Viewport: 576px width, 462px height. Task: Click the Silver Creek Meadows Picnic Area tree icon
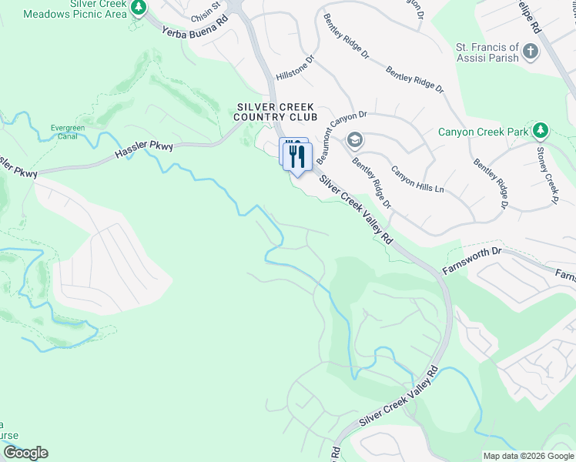139,8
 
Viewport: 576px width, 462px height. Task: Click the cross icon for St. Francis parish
530,52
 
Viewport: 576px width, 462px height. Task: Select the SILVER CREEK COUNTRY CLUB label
276,112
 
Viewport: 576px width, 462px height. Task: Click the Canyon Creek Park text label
483,132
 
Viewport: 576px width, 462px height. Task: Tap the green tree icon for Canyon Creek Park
541,131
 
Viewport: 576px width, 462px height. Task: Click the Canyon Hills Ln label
417,179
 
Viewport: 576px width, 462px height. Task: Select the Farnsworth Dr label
472,261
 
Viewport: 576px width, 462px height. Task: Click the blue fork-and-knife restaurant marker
296,157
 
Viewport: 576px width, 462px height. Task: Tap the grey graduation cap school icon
355,140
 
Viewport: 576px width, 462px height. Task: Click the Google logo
25,453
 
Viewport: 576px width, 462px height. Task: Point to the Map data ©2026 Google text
527,456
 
